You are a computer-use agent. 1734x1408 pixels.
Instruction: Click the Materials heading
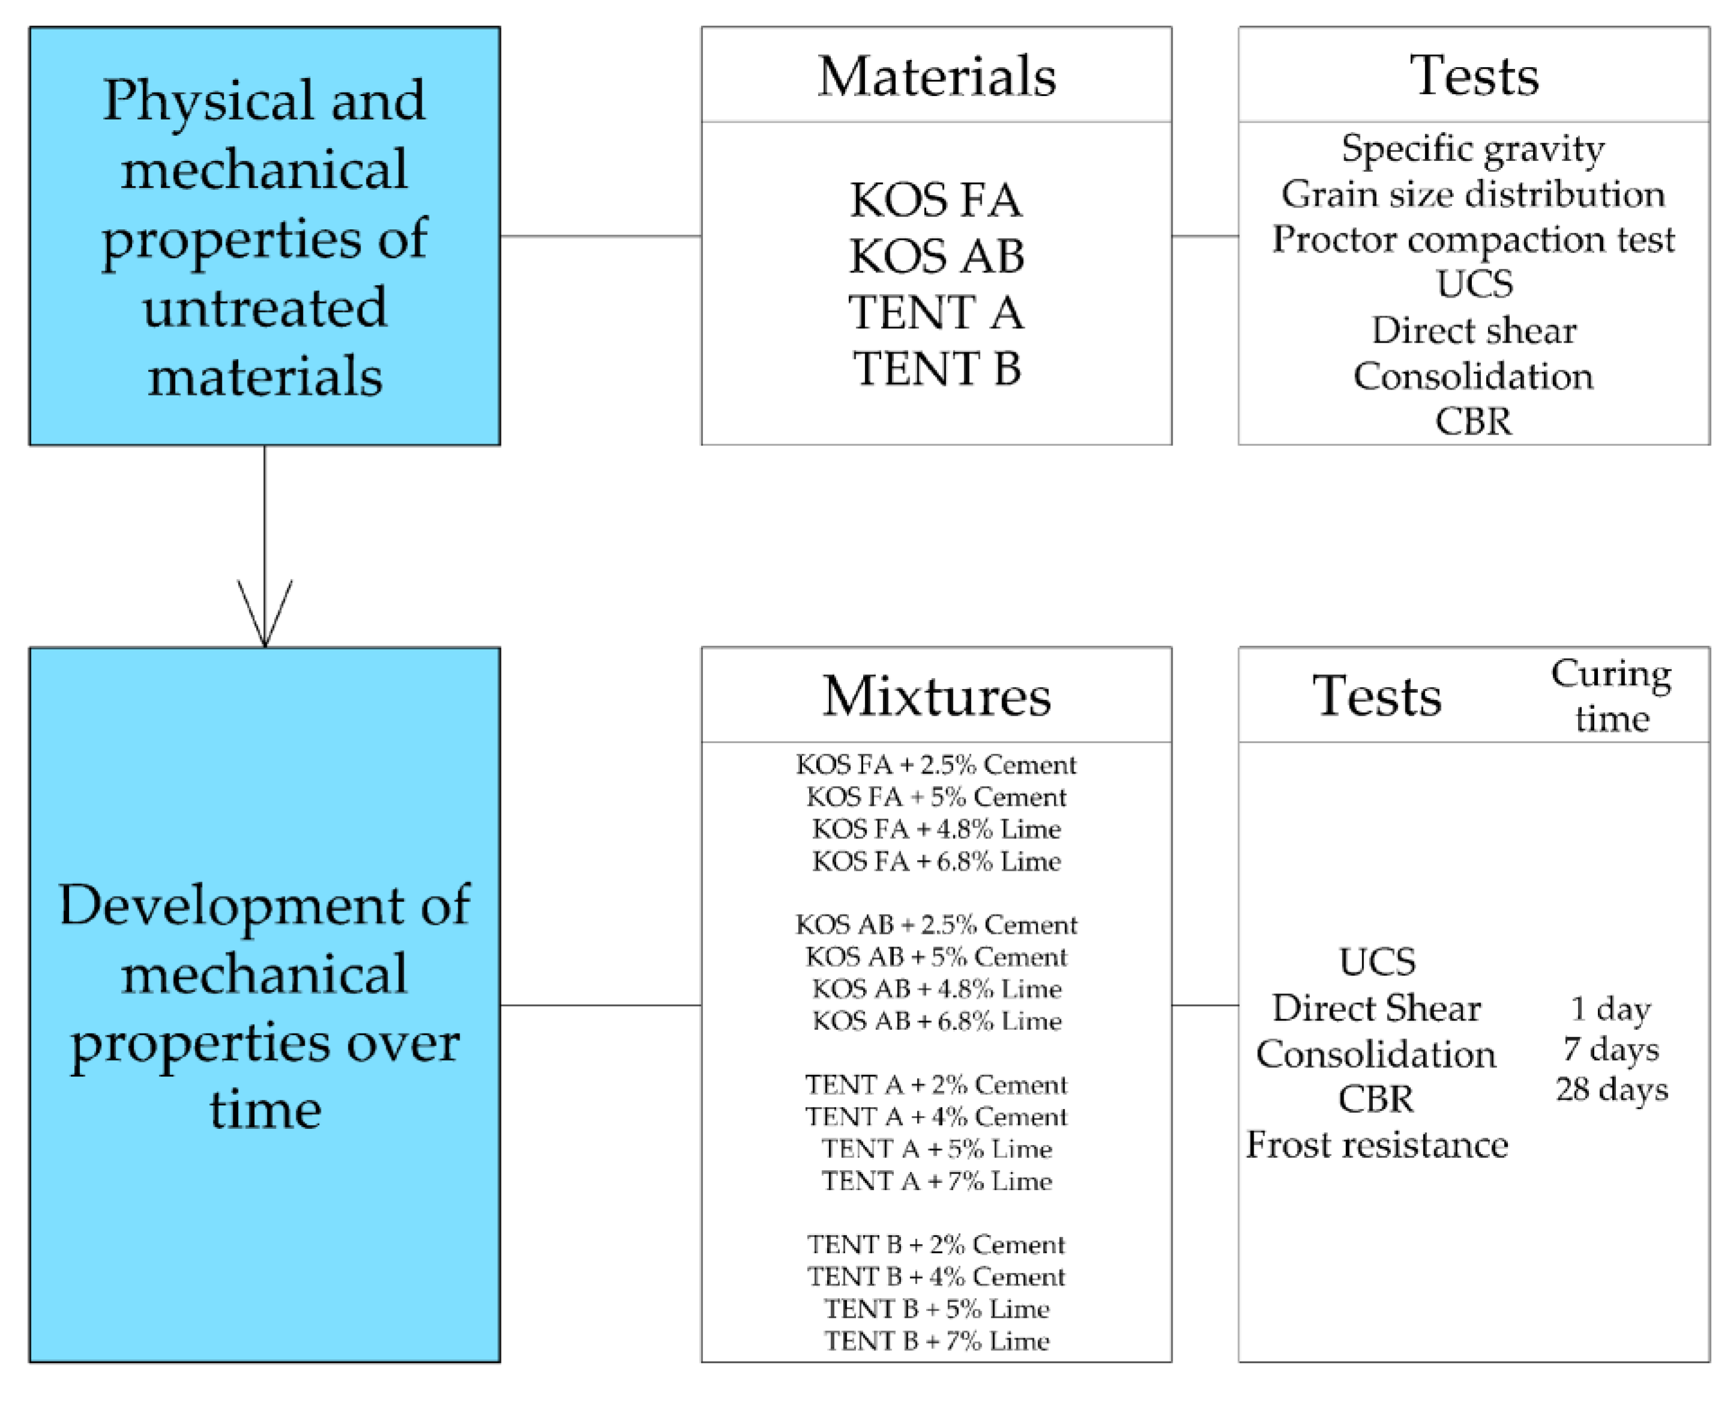coord(936,76)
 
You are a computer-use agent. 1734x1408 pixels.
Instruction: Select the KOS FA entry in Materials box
coord(936,200)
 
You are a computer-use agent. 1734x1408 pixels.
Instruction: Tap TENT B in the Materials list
coord(936,369)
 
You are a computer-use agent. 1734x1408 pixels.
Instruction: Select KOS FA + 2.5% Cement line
coord(936,764)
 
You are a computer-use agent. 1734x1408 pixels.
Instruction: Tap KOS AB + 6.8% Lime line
coord(936,1020)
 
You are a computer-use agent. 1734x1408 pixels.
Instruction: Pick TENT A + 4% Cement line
coord(936,1117)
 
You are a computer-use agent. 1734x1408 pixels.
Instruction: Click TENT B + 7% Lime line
coord(936,1341)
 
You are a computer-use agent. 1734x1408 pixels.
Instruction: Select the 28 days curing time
coord(1611,1089)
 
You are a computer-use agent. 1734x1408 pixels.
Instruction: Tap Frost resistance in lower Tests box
coord(1377,1145)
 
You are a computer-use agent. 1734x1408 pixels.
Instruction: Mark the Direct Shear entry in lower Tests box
coord(1377,1008)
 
